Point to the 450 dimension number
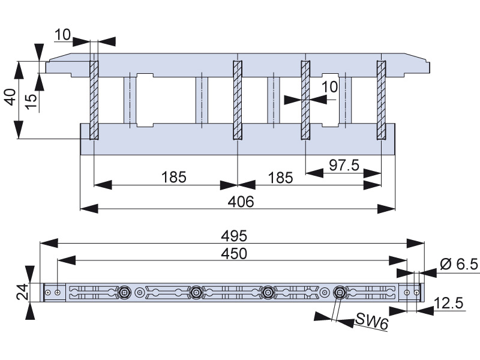tap(234, 253)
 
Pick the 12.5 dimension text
tap(449, 304)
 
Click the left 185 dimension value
tap(174, 178)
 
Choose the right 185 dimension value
tap(280, 178)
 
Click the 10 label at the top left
tap(62, 35)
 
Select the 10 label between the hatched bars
tap(329, 87)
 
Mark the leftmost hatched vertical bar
tap(94, 100)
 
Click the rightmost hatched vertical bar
tap(381, 100)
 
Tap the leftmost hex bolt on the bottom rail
tap(125, 292)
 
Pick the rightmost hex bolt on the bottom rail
tap(340, 292)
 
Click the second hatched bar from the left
tap(238, 100)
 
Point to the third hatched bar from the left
tap(305, 100)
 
